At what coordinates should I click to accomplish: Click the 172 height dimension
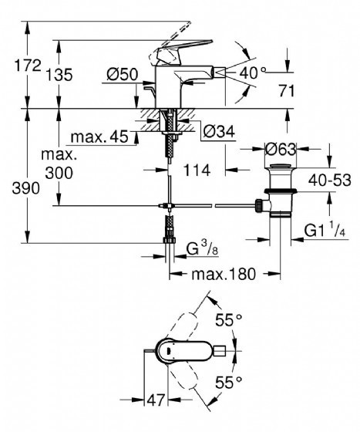[28, 66]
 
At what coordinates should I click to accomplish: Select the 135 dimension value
[59, 75]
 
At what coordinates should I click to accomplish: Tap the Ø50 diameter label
[123, 74]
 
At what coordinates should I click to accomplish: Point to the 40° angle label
[253, 73]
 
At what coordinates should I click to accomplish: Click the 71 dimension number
[287, 91]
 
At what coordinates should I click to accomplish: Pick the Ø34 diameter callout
[220, 131]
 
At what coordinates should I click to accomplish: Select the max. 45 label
[99, 137]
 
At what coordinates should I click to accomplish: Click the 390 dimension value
[26, 188]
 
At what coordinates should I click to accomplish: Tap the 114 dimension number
[197, 170]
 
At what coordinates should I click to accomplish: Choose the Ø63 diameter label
[281, 150]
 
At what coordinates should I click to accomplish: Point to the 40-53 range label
[329, 181]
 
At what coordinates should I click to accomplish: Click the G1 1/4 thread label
[325, 230]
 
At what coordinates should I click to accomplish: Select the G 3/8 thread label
[202, 249]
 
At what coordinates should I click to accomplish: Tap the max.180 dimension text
[224, 274]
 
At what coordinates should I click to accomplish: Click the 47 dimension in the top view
[156, 400]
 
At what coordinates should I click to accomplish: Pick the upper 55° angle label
[228, 320]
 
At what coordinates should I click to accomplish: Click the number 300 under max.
[59, 173]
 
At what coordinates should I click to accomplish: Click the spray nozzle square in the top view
[220, 351]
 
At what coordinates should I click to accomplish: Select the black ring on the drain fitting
[281, 190]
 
